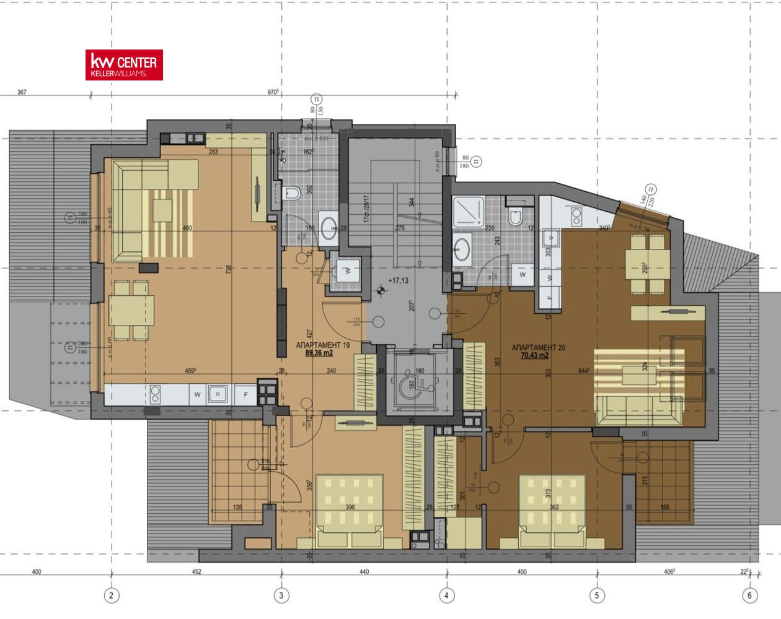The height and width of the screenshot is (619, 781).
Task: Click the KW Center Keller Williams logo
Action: [x=124, y=65]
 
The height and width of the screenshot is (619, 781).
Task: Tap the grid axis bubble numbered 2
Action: [x=112, y=595]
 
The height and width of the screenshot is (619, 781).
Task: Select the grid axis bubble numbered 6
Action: [x=749, y=595]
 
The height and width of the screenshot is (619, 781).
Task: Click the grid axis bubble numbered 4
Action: [x=446, y=595]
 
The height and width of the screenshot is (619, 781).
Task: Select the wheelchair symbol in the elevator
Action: [x=408, y=384]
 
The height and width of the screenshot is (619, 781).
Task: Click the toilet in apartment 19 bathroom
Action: [x=291, y=194]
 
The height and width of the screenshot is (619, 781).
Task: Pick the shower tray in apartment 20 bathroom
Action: [x=469, y=212]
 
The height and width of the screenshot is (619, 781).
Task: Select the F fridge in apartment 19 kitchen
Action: [x=245, y=394]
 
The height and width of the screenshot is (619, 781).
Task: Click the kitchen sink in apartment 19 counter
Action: [x=217, y=393]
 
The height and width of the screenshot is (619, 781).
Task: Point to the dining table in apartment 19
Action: [x=131, y=310]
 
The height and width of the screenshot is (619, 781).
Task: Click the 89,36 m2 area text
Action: [x=319, y=353]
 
